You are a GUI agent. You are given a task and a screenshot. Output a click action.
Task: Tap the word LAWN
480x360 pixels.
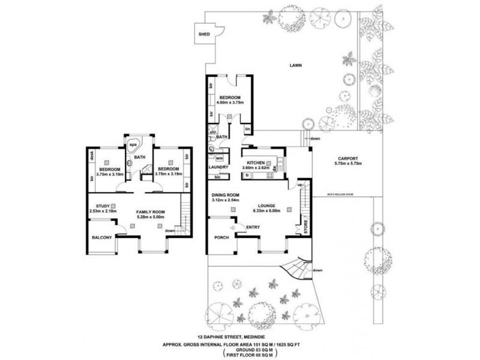[294, 65]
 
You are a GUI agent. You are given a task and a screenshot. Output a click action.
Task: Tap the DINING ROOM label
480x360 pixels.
[226, 195]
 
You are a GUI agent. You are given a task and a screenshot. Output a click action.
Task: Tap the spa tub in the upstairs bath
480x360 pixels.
[132, 145]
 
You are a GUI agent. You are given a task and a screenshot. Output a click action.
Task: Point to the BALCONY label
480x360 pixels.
[101, 238]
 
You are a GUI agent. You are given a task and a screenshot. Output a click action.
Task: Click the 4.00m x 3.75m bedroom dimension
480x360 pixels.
[230, 103]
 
